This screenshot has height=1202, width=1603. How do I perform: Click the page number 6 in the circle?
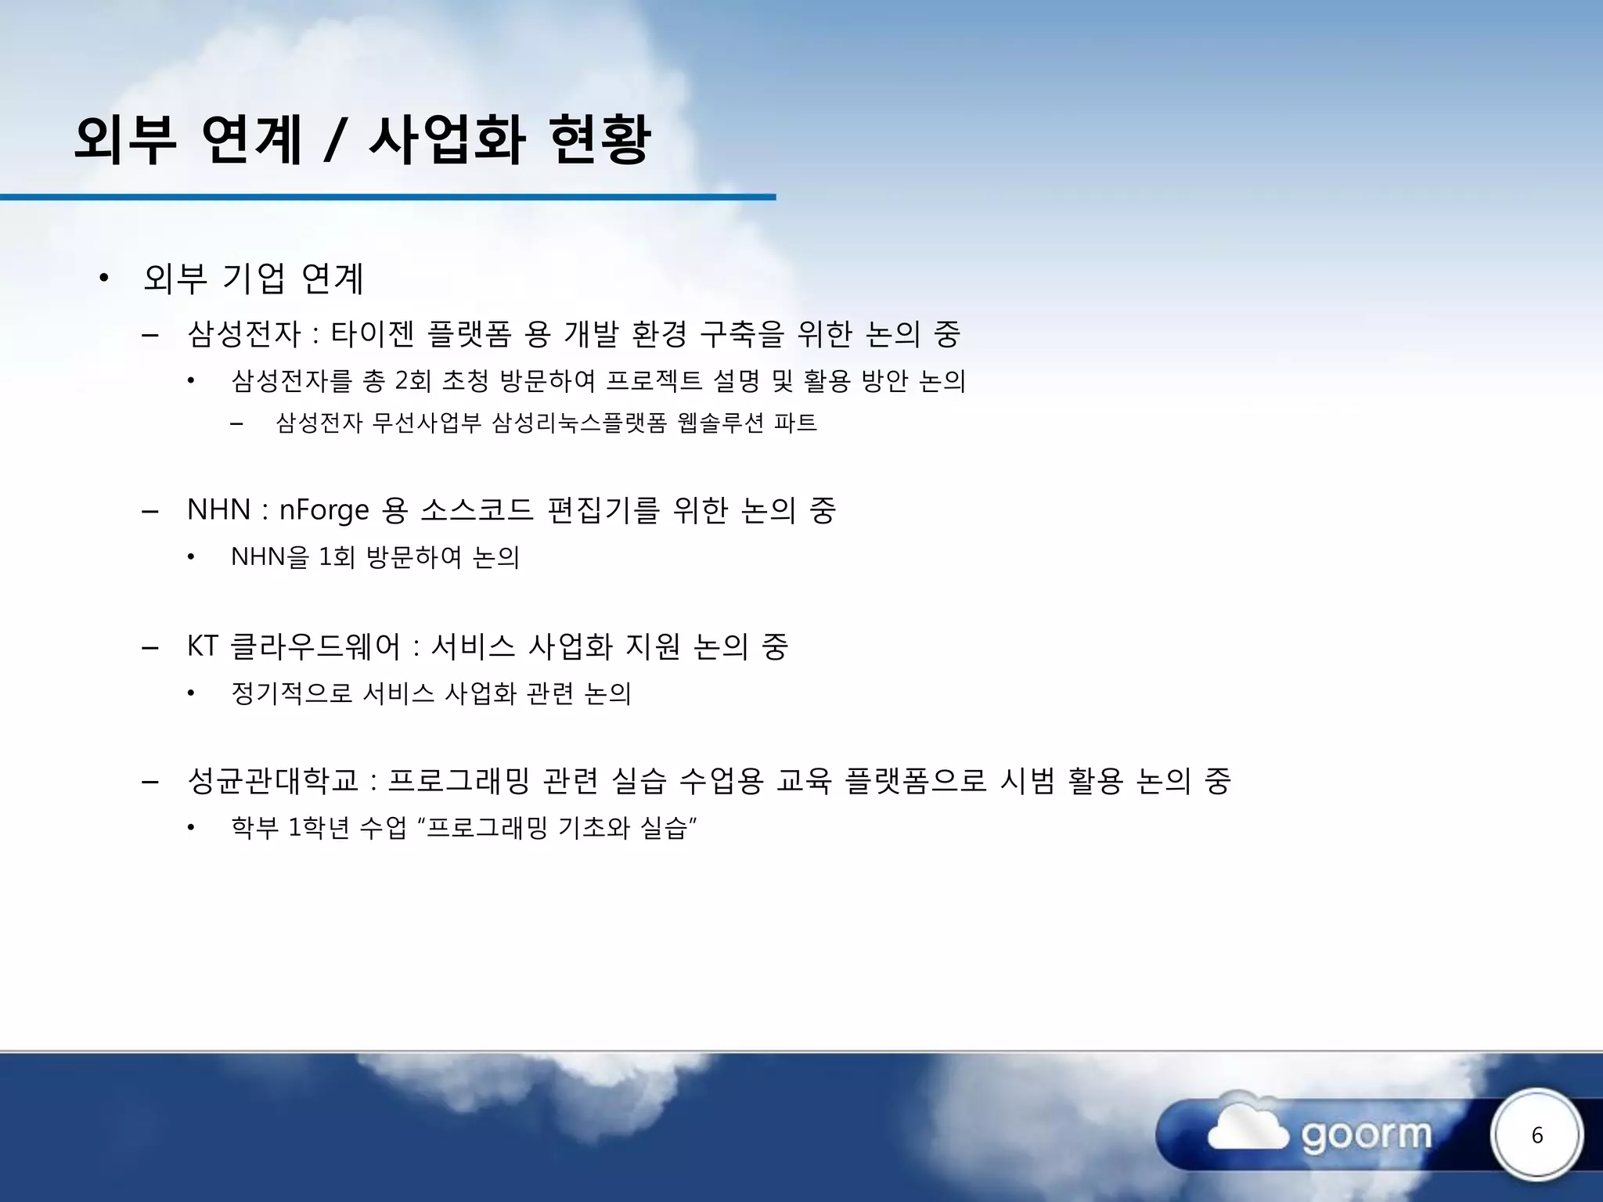(x=1536, y=1135)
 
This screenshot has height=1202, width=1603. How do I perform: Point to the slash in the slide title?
(x=334, y=141)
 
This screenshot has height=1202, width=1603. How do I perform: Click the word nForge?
(x=324, y=510)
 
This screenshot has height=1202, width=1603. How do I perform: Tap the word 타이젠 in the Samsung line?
(x=372, y=334)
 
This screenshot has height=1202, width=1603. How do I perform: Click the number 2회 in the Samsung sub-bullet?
(x=412, y=381)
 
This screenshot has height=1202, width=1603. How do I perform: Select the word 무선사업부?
(x=427, y=423)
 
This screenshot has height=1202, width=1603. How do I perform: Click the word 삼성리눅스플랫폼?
(x=579, y=423)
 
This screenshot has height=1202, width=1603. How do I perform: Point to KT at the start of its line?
(x=202, y=646)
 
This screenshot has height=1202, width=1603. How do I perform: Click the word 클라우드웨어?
(x=315, y=646)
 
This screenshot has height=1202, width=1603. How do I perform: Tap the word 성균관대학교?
(x=272, y=781)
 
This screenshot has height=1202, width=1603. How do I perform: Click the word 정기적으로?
(x=292, y=693)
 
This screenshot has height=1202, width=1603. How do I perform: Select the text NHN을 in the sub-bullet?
(x=270, y=557)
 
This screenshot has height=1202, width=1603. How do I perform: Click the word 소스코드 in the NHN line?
(x=477, y=510)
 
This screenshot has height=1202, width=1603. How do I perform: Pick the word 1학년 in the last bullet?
(x=318, y=827)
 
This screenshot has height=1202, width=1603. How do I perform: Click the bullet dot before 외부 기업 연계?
(x=103, y=278)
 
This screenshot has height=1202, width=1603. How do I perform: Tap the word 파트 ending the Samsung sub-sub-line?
(x=795, y=423)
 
